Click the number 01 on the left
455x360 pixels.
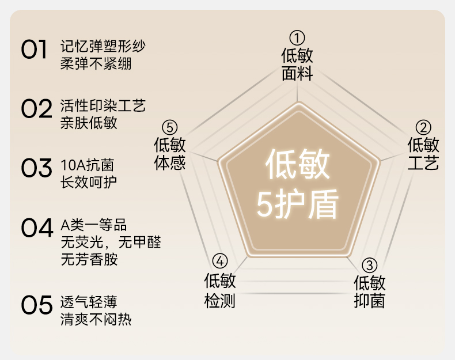pyautogui.click(x=34, y=51)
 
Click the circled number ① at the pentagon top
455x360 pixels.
pyautogui.click(x=297, y=39)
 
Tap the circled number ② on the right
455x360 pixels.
pyautogui.click(x=423, y=128)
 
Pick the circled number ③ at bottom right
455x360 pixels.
pyautogui.click(x=369, y=266)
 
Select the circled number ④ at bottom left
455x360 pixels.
pyautogui.click(x=219, y=261)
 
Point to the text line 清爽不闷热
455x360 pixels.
pyautogui.click(x=96, y=319)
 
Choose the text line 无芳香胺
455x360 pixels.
pyautogui.click(x=89, y=260)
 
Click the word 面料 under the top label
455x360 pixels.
pyautogui.click(x=297, y=74)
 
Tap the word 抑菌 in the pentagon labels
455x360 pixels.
pyautogui.click(x=369, y=301)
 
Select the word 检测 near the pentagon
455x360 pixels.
pyautogui.click(x=219, y=300)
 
